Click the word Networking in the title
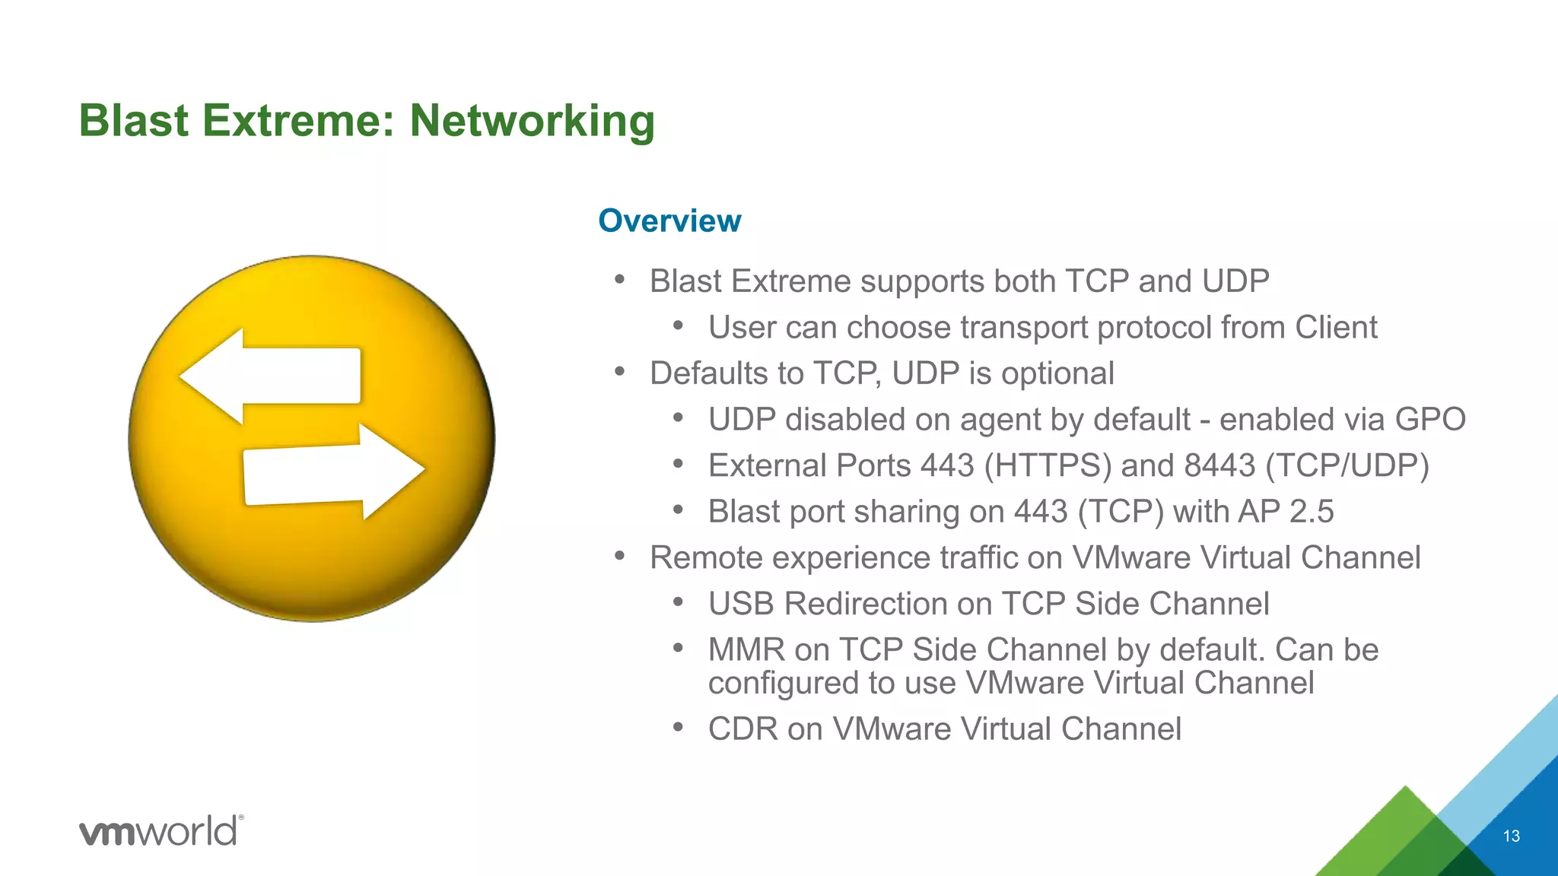[532, 122]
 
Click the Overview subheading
[669, 221]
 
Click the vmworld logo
[161, 830]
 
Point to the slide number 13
[1511, 836]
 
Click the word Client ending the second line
[1336, 328]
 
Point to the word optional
[1057, 374]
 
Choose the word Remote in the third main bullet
[706, 558]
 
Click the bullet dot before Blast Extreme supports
[620, 280]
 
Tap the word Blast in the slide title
[134, 122]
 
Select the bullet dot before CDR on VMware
[679, 727]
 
